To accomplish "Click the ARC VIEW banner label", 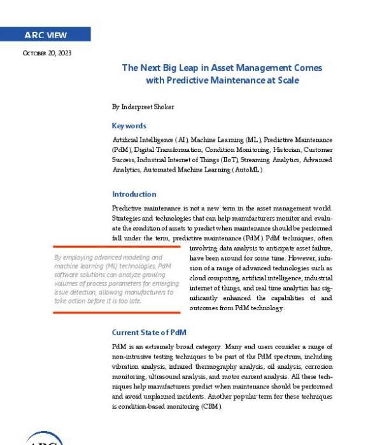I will (45, 35).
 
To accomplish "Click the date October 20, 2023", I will (46, 53).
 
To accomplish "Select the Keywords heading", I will (129, 126).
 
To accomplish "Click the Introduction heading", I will (134, 194).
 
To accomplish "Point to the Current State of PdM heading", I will (148, 332).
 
